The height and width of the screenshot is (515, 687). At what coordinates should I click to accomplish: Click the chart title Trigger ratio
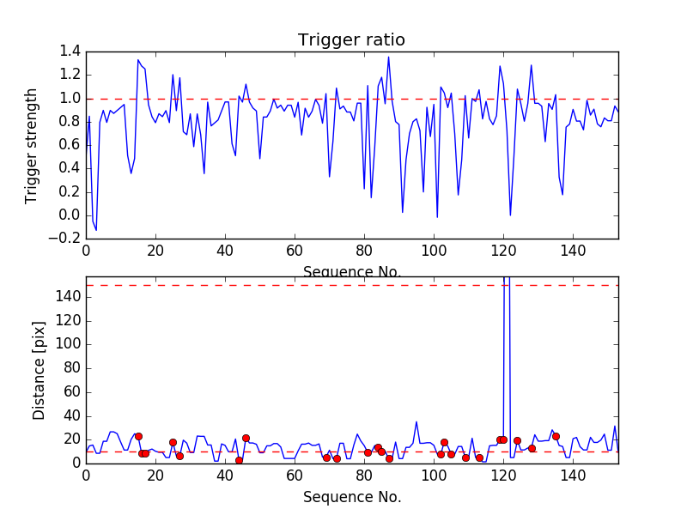pos(351,40)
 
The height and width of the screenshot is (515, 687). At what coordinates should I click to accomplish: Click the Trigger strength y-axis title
pos(32,145)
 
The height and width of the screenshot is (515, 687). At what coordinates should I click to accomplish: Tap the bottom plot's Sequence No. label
pos(351,497)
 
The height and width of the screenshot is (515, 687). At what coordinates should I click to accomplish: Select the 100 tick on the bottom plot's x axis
pos(434,477)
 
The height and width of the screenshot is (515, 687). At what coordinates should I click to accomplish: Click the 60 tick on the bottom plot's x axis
pos(295,477)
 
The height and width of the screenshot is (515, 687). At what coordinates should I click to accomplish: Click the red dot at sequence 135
pos(556,436)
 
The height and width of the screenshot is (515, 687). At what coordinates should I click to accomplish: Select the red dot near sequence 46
pos(246,438)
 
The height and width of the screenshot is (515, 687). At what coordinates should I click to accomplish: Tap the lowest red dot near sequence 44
pos(239,460)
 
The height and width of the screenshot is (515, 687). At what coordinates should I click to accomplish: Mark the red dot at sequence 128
pos(532,448)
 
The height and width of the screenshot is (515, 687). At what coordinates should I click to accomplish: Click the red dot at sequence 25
pos(173,442)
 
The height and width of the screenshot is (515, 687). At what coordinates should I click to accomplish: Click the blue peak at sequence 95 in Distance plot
pos(416,422)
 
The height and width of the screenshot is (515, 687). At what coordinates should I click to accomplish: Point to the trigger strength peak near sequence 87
pos(388,58)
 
